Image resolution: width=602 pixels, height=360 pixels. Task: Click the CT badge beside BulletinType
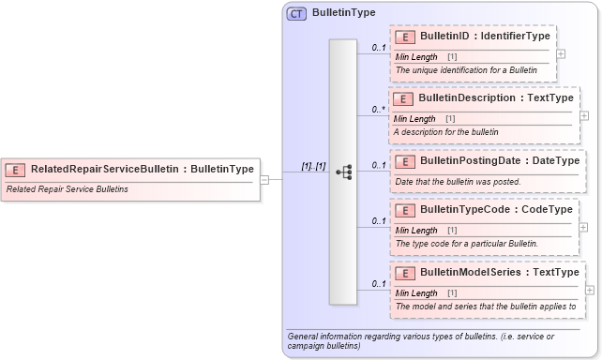point(297,14)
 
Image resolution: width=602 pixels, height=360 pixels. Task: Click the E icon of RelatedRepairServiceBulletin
point(15,169)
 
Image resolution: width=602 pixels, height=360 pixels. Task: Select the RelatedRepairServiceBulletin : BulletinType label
point(142,169)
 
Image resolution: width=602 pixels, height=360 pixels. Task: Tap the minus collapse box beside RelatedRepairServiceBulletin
point(265,179)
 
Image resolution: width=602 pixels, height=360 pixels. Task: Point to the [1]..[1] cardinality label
point(312,166)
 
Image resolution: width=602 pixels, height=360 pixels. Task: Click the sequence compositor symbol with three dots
point(343,172)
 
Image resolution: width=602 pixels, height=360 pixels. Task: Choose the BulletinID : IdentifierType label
point(485,36)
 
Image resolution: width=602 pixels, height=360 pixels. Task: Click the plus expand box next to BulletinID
point(561,53)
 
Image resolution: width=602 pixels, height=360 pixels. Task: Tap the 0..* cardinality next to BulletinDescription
point(378,110)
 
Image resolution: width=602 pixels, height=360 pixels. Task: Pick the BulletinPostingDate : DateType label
point(500,160)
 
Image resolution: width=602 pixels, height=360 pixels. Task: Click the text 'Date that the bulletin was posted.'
point(459,181)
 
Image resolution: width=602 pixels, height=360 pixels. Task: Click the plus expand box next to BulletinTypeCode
point(583,227)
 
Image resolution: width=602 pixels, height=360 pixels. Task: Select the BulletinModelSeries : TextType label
point(500,272)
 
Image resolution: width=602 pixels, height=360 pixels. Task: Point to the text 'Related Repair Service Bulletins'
point(67,188)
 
